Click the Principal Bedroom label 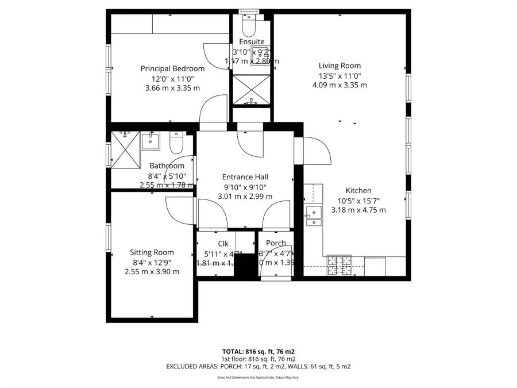pos(172,68)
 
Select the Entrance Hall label pos(245,177)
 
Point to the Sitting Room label pos(152,252)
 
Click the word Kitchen pos(358,191)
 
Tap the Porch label pos(276,243)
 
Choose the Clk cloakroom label pos(223,243)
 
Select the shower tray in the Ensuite pos(251,89)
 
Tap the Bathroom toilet pos(176,141)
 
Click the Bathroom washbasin pos(153,140)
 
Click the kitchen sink pos(314,214)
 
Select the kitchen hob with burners pos(339,265)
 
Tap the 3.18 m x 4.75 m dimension pos(358,210)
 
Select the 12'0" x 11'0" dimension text pos(172,79)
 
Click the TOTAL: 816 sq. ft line pos(258,351)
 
